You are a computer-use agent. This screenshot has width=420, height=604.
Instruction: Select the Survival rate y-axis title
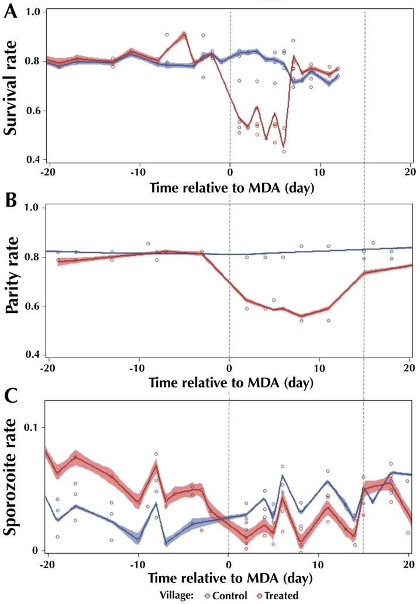[x=11, y=87]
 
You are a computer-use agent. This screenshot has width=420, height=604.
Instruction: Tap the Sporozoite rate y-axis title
[x=10, y=476]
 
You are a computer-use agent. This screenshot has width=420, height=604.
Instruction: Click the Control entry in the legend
[x=226, y=596]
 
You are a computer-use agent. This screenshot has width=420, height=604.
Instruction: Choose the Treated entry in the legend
[x=277, y=596]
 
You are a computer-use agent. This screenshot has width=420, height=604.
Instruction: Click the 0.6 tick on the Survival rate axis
[x=32, y=111]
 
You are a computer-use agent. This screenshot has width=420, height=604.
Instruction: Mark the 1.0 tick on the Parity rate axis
[x=32, y=208]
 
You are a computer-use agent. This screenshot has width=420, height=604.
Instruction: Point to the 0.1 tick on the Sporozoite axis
[x=32, y=428]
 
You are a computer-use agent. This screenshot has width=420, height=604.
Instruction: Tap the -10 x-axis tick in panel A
[x=138, y=172]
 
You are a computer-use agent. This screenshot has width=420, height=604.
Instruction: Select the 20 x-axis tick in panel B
[x=409, y=368]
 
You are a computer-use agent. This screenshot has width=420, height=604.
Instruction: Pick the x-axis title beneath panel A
[x=232, y=188]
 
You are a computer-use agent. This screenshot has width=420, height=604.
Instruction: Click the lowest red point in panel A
[x=284, y=152]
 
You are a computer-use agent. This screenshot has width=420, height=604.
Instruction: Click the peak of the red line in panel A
[x=184, y=33]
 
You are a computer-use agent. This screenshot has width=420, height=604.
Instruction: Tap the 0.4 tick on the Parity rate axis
[x=32, y=355]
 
